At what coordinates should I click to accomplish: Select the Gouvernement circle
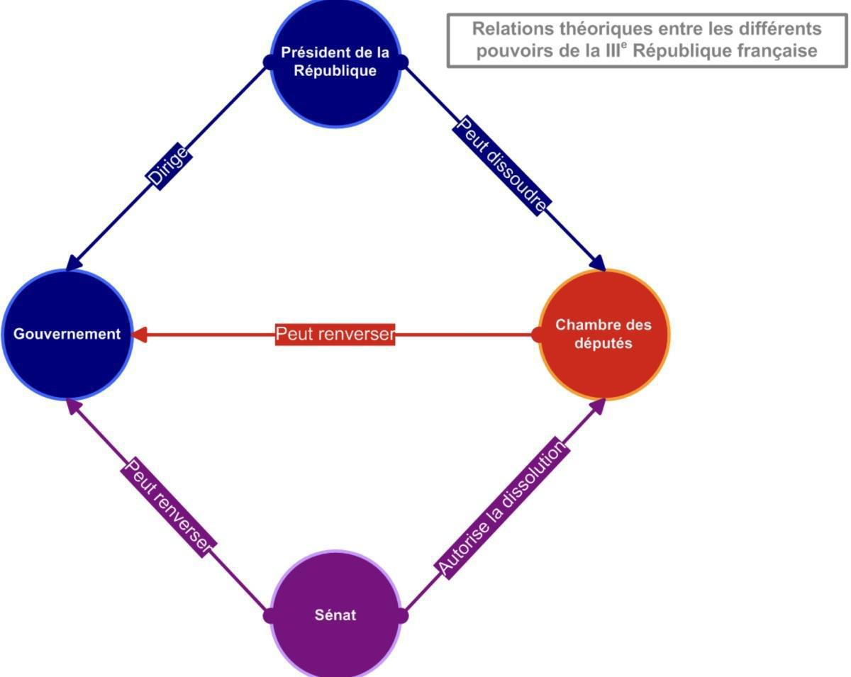click(67, 334)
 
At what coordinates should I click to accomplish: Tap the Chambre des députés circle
click(604, 334)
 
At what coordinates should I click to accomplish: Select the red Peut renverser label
click(335, 334)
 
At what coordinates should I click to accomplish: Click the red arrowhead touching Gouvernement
click(140, 334)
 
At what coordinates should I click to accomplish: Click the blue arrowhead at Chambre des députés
click(599, 263)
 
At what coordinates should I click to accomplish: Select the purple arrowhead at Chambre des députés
click(599, 405)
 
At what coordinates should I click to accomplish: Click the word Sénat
click(335, 615)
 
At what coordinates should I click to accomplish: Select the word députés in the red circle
click(604, 344)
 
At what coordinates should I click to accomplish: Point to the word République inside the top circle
click(335, 71)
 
